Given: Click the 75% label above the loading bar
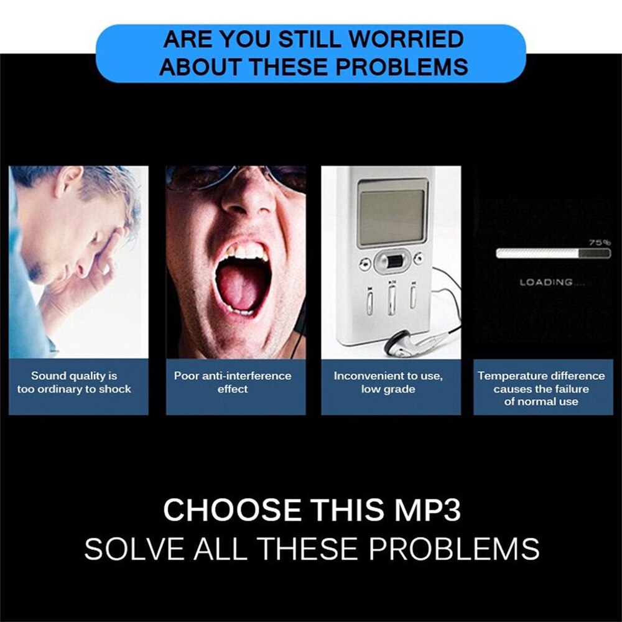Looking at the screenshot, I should pos(600,242).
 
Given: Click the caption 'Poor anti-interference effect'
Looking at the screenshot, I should pos(233,383).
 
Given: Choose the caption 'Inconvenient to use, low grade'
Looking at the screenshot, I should pos(388,383).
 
